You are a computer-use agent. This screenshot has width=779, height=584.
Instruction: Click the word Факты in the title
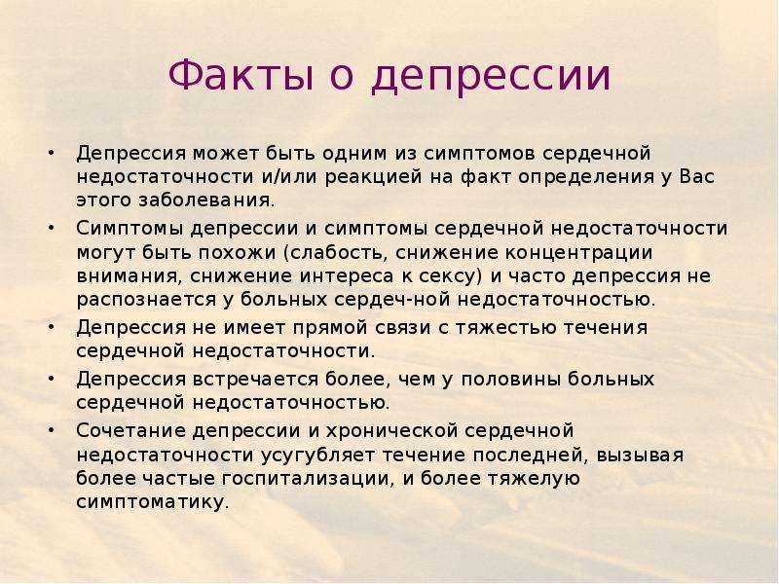241,75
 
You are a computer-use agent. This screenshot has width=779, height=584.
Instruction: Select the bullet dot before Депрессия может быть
51,153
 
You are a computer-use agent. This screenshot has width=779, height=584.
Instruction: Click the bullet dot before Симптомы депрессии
51,228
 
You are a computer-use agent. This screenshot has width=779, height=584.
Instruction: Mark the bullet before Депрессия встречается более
51,379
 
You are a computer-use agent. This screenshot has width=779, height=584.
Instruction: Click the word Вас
696,176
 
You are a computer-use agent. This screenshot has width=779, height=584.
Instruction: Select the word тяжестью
505,328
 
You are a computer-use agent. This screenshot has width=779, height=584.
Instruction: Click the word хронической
391,431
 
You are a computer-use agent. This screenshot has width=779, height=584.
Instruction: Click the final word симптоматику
153,502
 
